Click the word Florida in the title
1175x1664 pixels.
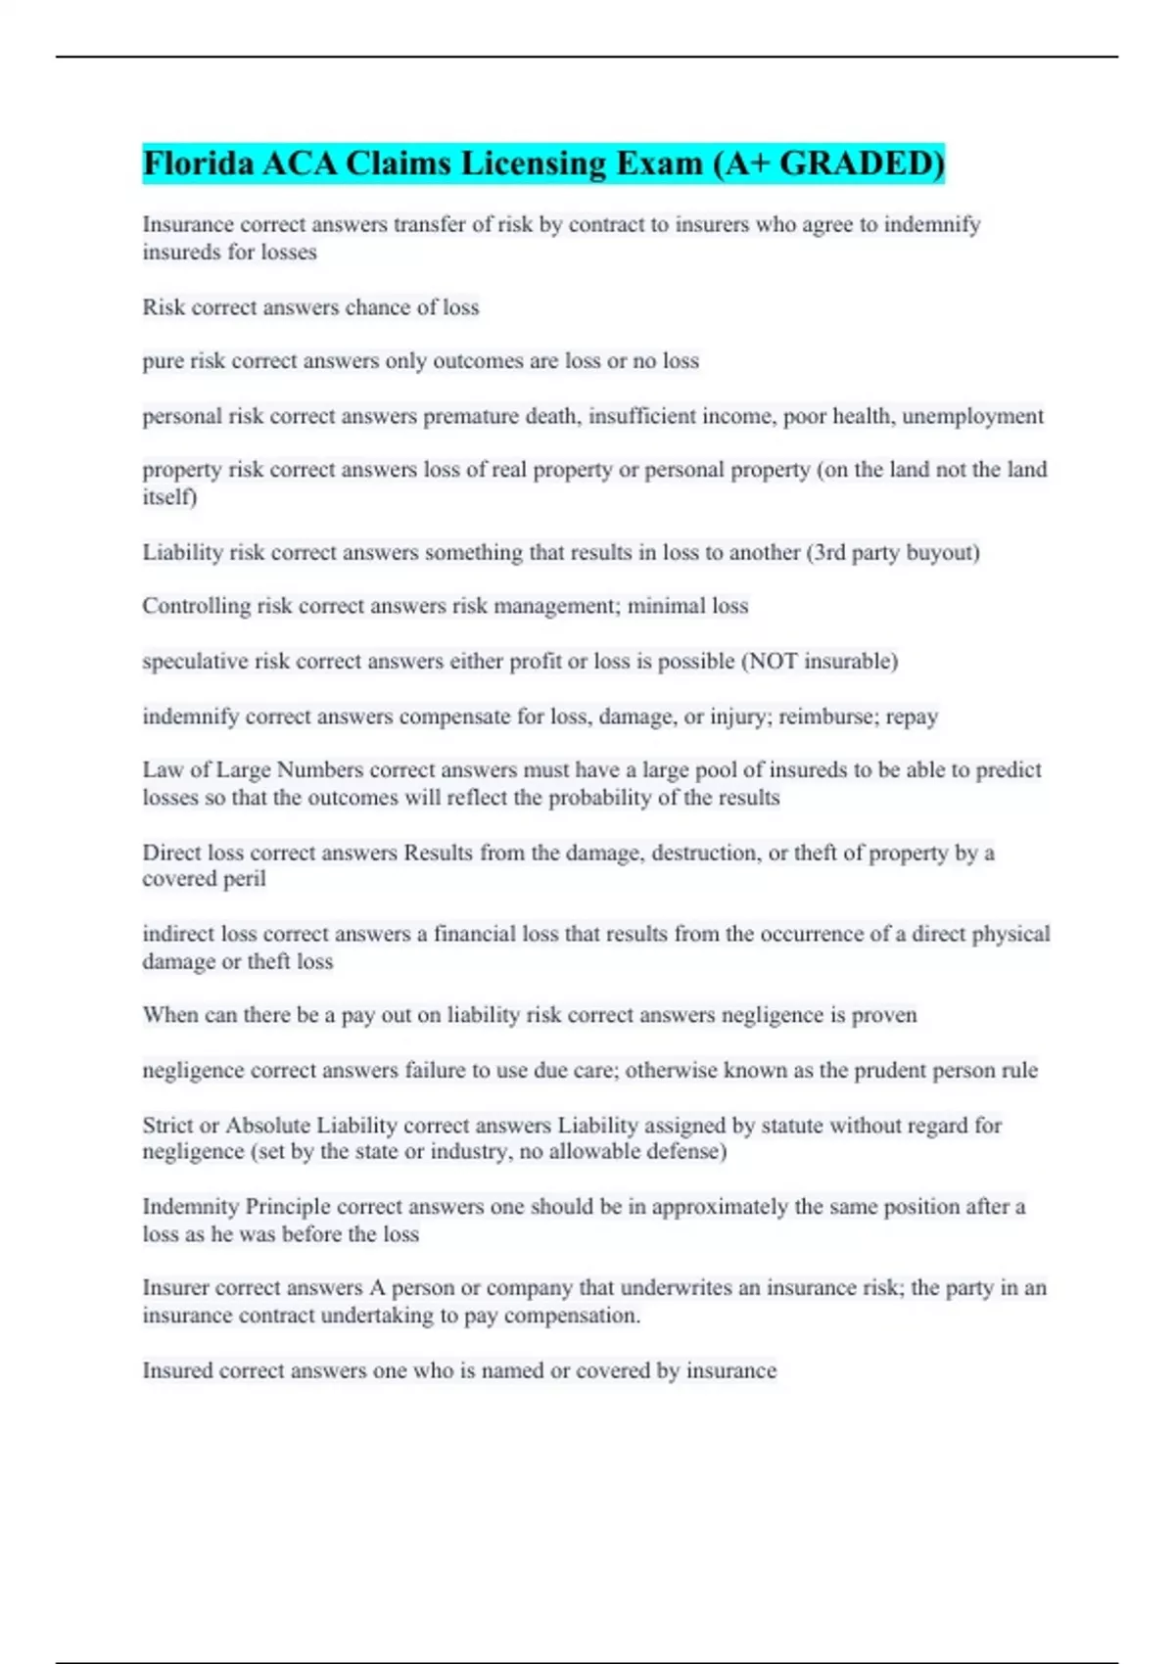(197, 162)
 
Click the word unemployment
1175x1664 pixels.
(972, 416)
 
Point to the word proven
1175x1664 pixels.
(884, 1015)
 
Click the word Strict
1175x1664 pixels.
(167, 1126)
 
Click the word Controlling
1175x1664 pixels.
(196, 607)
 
